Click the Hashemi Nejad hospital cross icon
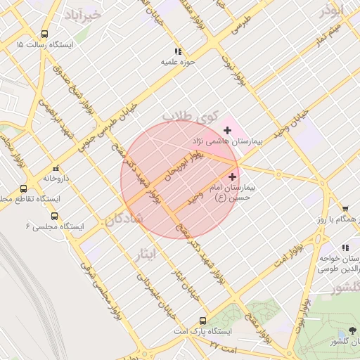click(x=227, y=130)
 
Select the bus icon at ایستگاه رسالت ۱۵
click(x=46, y=34)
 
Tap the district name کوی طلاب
click(x=191, y=115)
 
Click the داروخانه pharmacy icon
click(x=56, y=168)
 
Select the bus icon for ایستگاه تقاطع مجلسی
click(x=23, y=188)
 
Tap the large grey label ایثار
click(x=147, y=254)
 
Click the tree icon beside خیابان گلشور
click(x=351, y=330)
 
